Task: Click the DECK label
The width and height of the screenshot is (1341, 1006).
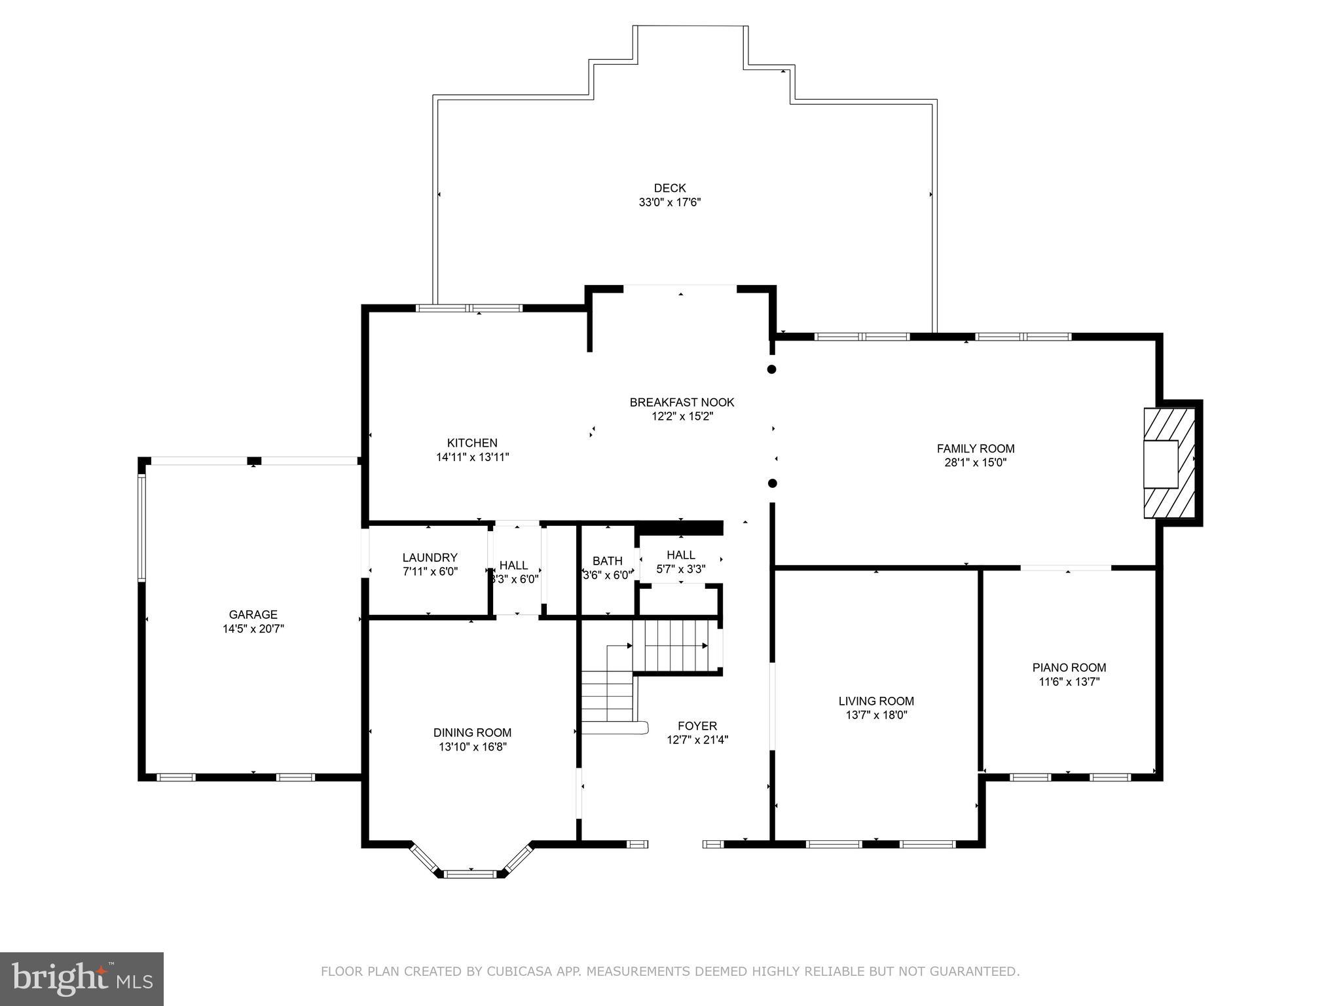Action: [x=670, y=189]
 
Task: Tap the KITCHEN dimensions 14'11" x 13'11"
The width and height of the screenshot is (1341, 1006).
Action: [x=472, y=457]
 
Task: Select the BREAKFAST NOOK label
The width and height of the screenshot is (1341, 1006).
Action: [x=682, y=402]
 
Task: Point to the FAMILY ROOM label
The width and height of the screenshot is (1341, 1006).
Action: [x=975, y=449]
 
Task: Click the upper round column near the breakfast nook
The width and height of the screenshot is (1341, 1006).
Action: [x=771, y=369]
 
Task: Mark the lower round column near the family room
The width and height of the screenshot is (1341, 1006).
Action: [x=772, y=483]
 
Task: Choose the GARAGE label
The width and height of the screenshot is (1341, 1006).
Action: [x=253, y=614]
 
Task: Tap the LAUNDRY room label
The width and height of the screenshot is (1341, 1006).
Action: [x=430, y=557]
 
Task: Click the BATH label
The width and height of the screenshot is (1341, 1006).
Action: [x=607, y=561]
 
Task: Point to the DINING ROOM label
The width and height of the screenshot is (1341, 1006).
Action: [x=472, y=732]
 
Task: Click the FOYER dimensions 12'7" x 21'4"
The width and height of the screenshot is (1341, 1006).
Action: [x=697, y=740]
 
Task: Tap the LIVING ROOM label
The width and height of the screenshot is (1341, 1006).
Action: [x=876, y=701]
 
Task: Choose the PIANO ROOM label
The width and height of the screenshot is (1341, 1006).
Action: [x=1069, y=667]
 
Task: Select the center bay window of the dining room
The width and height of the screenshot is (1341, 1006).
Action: [x=470, y=874]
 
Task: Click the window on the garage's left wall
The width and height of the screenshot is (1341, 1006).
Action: [x=141, y=528]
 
